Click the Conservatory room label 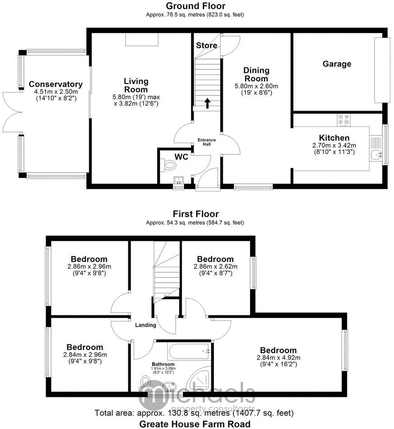coord(56,84)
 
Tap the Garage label coord(337,64)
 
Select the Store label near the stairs coord(206,46)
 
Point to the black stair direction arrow coord(207,103)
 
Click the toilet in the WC coord(169,167)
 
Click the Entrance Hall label coord(207,142)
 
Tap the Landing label coord(145,325)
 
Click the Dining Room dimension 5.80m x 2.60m coord(256,86)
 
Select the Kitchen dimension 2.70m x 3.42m coord(334,145)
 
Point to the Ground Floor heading coord(195,6)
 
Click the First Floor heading coord(195,214)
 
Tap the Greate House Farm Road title coord(195,424)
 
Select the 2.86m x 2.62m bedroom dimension coord(215,266)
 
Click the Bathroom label coord(163,364)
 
